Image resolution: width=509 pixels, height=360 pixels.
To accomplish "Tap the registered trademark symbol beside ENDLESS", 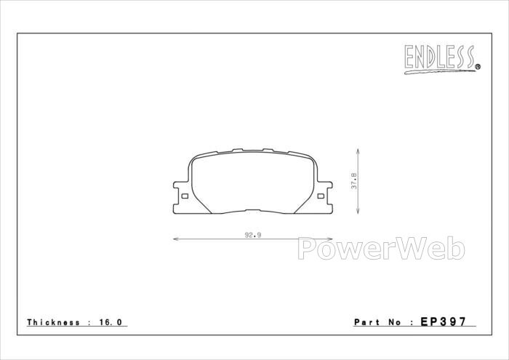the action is click(x=478, y=67).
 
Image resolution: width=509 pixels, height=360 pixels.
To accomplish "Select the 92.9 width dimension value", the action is click(x=253, y=235).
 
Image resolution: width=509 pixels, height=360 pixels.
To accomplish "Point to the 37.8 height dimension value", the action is click(x=354, y=181).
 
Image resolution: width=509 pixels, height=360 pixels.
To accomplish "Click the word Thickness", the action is click(x=53, y=322).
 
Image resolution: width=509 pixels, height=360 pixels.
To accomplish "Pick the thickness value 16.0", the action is click(x=111, y=322).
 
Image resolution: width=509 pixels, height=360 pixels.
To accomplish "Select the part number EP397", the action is click(x=444, y=321).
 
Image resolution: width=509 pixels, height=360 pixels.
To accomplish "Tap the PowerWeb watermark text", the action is click(x=382, y=248).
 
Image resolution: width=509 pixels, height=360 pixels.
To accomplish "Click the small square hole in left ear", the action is click(x=185, y=196).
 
